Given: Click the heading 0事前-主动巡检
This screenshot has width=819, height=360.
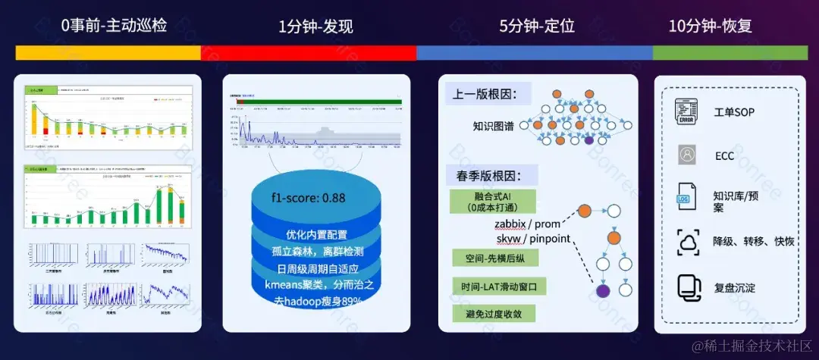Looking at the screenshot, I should pos(114,26).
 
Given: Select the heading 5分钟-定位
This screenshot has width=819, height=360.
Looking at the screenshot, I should pos(536,26).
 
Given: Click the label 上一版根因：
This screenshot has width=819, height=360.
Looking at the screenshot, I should pos(485,95).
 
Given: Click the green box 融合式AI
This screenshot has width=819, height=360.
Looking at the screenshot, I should pos(492,201).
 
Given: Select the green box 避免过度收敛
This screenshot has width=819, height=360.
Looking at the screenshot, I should pos(492,313).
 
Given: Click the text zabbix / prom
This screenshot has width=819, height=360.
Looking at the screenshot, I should pos(528,224).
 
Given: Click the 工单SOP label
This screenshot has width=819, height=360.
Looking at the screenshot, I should pos(734,113).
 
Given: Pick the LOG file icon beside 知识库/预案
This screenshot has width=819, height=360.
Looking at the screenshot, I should pos(686,199).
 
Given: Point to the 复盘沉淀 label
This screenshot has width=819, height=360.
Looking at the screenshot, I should pos(734,288).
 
